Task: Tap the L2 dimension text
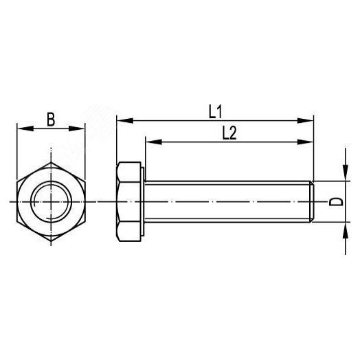(229, 133)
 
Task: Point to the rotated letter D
(335, 201)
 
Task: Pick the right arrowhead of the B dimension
(81, 128)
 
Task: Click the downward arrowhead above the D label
(343, 176)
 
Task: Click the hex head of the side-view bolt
(128, 201)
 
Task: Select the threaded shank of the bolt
(227, 201)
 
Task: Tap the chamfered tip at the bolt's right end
(313, 201)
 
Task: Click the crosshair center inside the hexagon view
(51, 201)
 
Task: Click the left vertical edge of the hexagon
(17, 201)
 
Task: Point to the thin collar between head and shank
(142, 201)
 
